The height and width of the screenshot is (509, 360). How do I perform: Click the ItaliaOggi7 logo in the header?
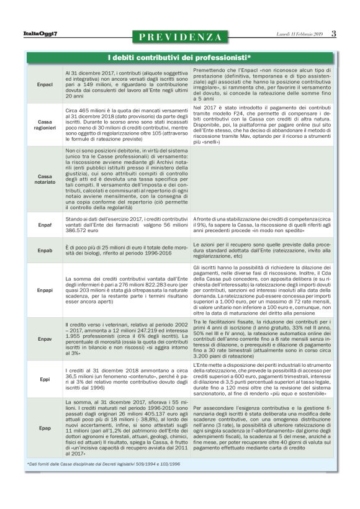(x=41, y=35)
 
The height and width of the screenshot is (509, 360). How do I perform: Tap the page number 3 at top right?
(x=334, y=34)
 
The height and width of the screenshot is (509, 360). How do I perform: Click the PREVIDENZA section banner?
(x=180, y=37)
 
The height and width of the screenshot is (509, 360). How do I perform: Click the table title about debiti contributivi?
(x=179, y=58)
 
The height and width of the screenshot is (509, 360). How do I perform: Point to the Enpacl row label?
(x=45, y=84)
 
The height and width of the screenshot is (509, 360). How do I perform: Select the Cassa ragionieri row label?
(x=45, y=124)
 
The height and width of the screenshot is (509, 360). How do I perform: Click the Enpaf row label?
(x=45, y=224)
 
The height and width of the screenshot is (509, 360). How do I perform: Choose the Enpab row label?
(x=45, y=250)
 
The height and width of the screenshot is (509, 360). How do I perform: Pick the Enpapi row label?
(x=45, y=290)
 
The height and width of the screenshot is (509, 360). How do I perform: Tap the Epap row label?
(x=45, y=428)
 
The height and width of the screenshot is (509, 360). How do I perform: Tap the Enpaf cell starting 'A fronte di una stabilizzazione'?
(x=268, y=224)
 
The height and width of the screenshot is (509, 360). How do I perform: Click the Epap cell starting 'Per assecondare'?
(x=268, y=428)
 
